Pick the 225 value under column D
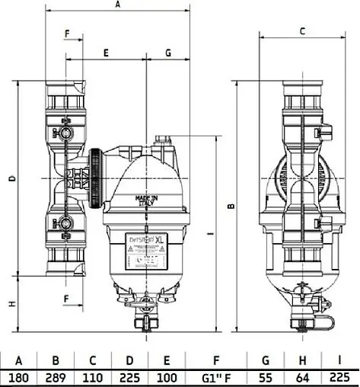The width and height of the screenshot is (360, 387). (x=131, y=376)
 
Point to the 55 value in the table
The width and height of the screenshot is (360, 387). (x=266, y=376)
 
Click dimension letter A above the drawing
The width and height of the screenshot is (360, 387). (x=117, y=5)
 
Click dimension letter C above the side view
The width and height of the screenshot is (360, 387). (x=302, y=31)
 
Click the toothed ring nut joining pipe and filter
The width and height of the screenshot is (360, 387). (x=96, y=178)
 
